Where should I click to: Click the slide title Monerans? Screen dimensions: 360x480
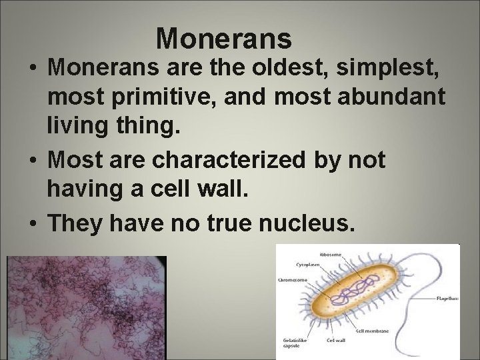coord(224,39)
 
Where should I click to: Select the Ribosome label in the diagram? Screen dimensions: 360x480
coord(351,254)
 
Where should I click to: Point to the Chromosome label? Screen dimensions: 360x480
coord(292,280)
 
